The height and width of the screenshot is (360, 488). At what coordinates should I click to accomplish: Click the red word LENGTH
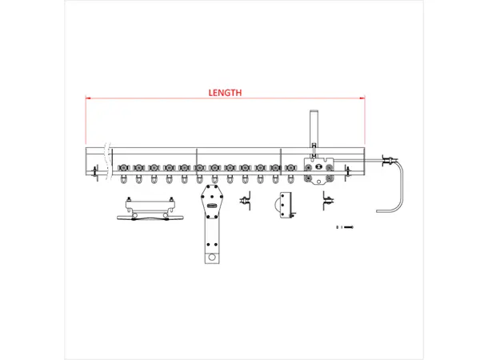[225, 93]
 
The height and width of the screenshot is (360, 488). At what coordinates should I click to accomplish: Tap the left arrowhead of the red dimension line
[87, 98]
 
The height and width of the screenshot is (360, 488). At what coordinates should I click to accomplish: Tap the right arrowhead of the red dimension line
[362, 98]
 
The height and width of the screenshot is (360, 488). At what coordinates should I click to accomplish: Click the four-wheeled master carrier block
[318, 171]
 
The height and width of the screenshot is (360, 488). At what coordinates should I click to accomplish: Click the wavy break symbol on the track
[107, 161]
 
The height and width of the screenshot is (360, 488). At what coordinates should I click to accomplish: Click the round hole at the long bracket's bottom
[212, 258]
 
